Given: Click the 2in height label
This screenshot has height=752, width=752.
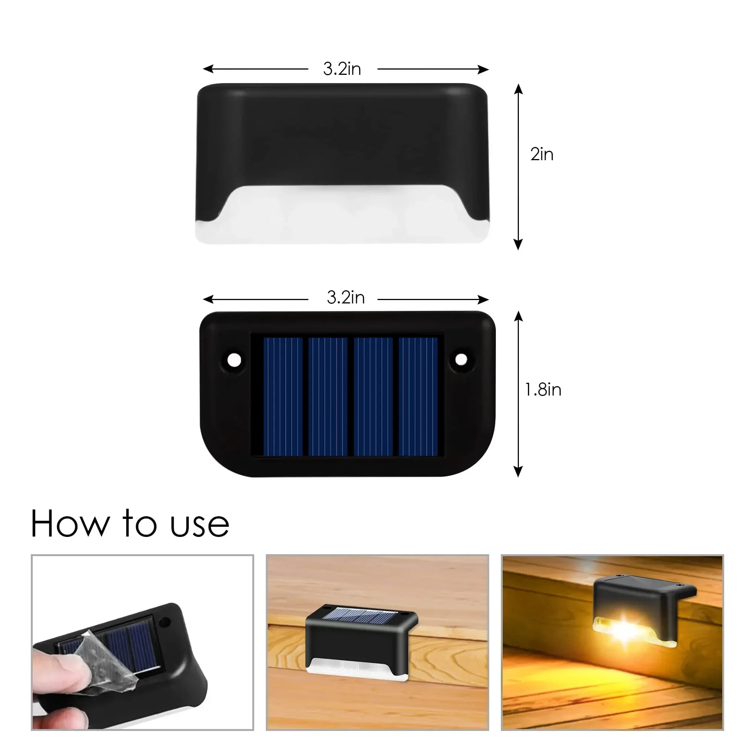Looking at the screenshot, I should [x=541, y=155].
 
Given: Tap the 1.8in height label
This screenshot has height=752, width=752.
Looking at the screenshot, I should [x=543, y=390].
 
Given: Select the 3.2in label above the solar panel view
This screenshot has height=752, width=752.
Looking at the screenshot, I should [x=346, y=298].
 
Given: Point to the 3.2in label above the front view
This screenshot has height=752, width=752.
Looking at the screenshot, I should [x=342, y=69].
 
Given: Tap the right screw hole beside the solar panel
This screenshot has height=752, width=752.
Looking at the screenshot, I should [x=461, y=359].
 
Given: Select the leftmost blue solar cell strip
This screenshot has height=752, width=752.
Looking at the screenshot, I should [x=283, y=396].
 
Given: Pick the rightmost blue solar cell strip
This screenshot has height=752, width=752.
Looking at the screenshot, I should [x=418, y=396].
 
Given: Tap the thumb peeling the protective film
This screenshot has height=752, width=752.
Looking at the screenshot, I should [x=58, y=670].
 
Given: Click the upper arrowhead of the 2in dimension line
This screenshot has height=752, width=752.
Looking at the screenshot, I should [x=518, y=89].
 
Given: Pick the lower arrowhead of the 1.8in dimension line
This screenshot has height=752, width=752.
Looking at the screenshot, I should [x=518, y=472].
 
